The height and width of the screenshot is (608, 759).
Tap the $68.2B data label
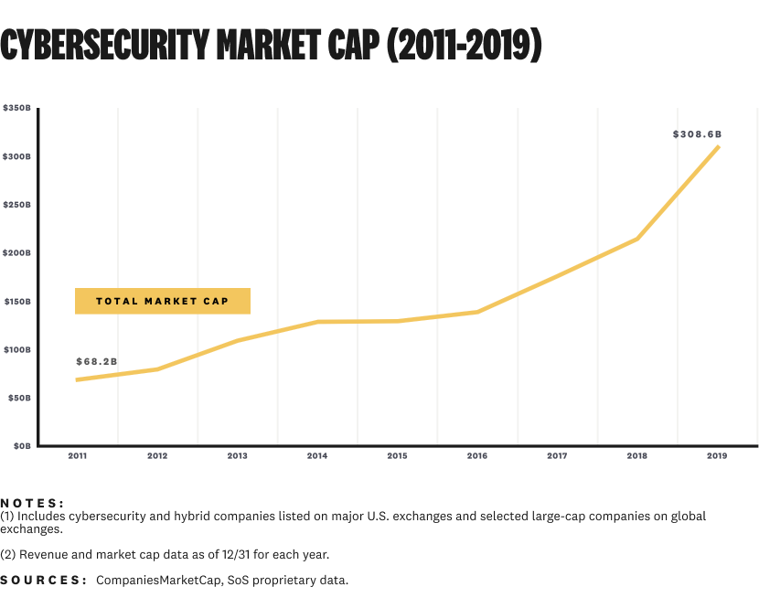coord(97,362)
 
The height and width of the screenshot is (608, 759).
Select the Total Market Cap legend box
coord(163,301)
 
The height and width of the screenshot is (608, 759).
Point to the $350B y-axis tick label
coord(17,108)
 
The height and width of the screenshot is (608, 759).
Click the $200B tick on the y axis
coord(17,252)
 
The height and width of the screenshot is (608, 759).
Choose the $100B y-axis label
coord(17,349)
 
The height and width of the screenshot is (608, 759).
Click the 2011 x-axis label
coord(78,455)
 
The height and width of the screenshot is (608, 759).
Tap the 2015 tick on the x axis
coord(397,455)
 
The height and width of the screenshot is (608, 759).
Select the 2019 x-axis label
coord(717,455)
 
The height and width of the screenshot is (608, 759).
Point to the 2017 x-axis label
coord(557,455)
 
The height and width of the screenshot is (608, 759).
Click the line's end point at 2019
coord(718,147)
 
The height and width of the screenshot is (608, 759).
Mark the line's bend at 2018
coord(636,239)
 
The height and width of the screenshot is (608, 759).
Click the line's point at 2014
coord(317,322)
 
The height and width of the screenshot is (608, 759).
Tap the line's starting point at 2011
coord(78,379)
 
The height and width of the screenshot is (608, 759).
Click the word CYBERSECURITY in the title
coord(103,45)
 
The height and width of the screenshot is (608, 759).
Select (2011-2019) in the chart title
coord(465,45)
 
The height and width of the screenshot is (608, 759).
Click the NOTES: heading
coord(33,503)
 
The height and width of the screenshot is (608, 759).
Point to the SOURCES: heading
coord(44,581)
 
